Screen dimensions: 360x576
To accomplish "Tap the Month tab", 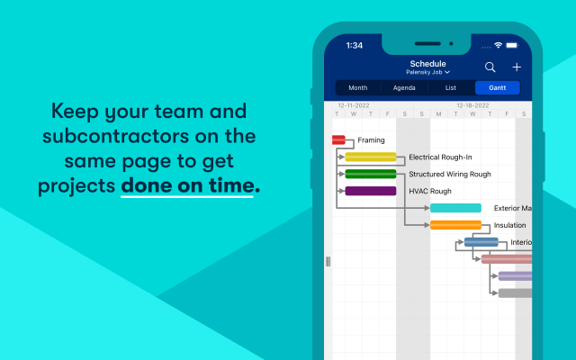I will pos(357,88).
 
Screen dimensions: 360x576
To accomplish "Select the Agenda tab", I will pos(404,88).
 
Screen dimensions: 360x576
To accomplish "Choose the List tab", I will pos(451,88).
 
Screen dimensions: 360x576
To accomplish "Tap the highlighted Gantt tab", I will pos(497,88).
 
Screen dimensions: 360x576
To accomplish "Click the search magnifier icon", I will pos(490,67).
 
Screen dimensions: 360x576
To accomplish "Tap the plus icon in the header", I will pos(517,67).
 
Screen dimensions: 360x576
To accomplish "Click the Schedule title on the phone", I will pos(427,63).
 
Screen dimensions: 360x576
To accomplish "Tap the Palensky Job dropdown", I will pos(427,72).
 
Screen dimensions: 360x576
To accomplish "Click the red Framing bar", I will pos(338,139).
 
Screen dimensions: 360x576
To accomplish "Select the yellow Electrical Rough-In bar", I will pos(370,157).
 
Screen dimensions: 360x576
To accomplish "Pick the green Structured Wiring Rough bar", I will pos(370,174).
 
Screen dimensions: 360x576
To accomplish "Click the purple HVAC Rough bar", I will pos(370,191).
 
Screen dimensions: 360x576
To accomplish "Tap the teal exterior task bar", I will pos(455,208).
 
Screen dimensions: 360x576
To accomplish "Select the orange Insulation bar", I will pos(455,225).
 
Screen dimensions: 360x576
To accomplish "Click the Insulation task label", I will pos(510,225).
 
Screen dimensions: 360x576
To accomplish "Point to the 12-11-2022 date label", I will pos(354,105).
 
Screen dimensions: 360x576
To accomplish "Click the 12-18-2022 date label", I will pos(472,105).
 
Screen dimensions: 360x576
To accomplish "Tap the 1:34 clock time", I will pos(355,45).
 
